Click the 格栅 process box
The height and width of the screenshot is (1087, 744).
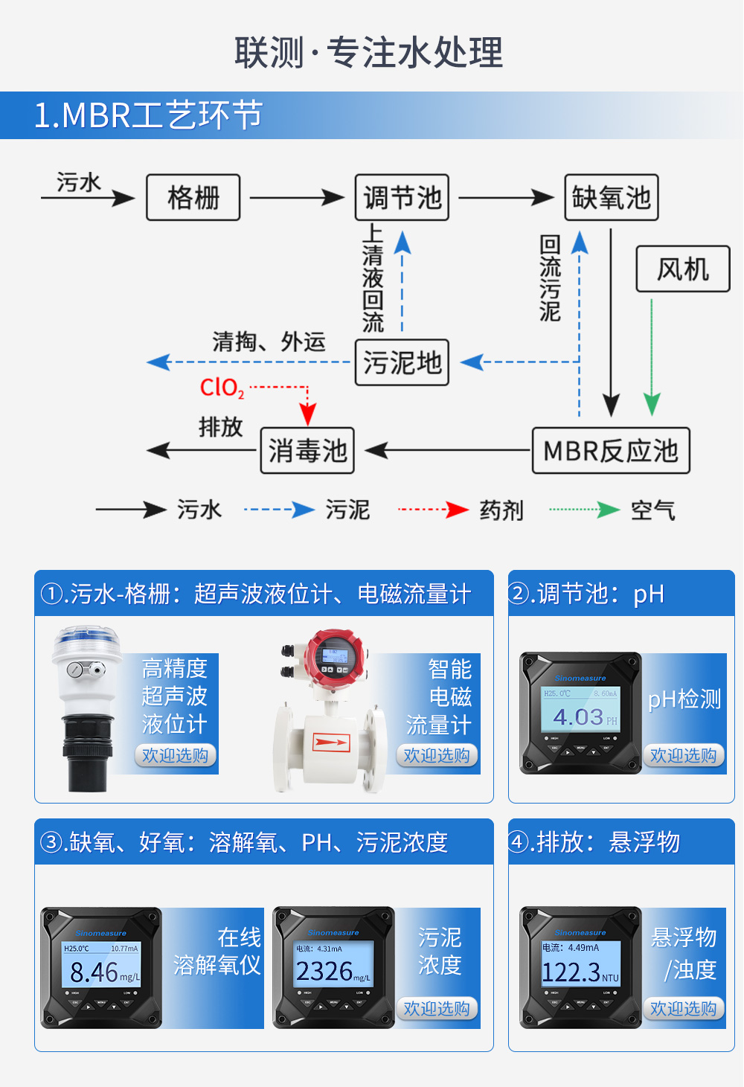click(x=193, y=198)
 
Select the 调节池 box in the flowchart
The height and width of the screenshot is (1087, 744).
click(x=402, y=198)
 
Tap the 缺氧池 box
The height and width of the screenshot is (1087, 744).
click(x=612, y=198)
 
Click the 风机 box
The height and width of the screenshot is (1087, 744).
click(x=683, y=269)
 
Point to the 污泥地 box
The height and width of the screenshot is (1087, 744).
click(x=402, y=363)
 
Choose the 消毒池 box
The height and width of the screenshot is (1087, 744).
click(x=307, y=451)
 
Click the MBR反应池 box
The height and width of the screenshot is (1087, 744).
click(x=611, y=451)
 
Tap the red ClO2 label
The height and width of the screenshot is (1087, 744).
click(x=222, y=388)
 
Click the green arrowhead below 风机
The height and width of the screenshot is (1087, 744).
click(x=652, y=405)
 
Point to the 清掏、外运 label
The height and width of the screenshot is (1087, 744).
click(x=269, y=342)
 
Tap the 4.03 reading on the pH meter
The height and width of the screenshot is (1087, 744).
click(x=578, y=717)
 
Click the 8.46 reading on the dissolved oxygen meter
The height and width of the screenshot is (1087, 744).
click(x=94, y=972)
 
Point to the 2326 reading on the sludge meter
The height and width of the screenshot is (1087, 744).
click(x=324, y=971)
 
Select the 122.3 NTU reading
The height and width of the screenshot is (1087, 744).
click(x=571, y=972)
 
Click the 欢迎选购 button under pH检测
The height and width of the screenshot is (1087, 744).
click(x=683, y=756)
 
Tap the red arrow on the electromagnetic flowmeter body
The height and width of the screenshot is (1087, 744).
click(x=331, y=742)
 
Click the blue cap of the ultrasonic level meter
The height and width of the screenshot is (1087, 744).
click(x=86, y=636)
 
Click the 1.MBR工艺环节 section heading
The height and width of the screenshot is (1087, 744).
click(x=149, y=115)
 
